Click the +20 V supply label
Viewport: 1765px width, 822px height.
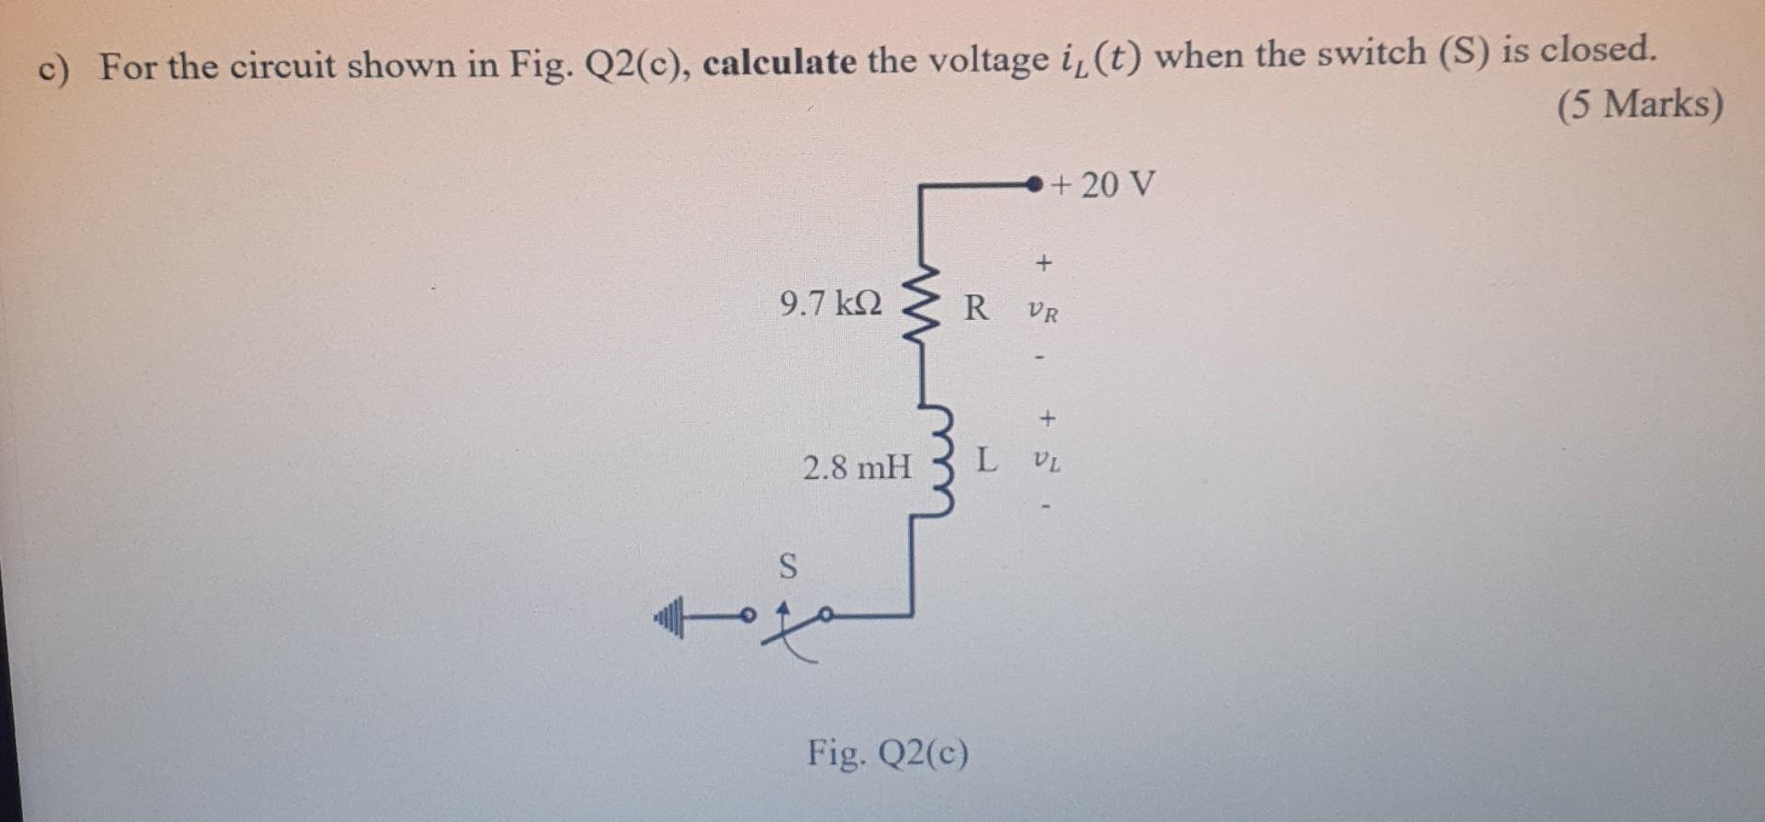[x=1104, y=185]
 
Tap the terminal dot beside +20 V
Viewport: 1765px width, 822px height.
[x=1035, y=185]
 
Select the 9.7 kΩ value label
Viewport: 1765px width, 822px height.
[x=830, y=303]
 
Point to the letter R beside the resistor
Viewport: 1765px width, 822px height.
[x=976, y=307]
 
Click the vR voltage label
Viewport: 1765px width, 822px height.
[x=1043, y=313]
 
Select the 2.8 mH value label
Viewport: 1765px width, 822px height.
[x=857, y=468]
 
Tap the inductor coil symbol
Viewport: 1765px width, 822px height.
[x=939, y=458]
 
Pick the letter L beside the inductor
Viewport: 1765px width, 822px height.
[x=985, y=459]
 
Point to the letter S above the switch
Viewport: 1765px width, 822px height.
[x=788, y=566]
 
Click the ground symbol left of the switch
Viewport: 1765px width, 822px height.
[x=669, y=616]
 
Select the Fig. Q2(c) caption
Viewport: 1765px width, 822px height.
[x=887, y=753]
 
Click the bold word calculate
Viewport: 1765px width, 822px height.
[x=780, y=63]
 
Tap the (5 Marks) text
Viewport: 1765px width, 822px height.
[x=1639, y=104]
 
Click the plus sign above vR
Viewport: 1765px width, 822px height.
[x=1042, y=264]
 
